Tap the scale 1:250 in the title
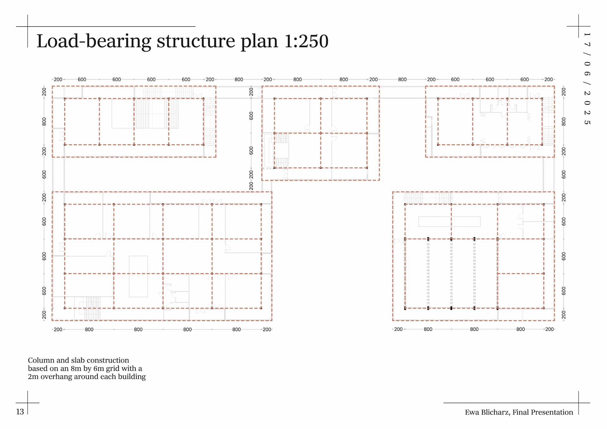tap(306, 41)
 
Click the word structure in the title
tap(196, 41)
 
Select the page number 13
tap(20, 412)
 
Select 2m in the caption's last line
tap(33, 377)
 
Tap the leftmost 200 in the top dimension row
tap(58, 79)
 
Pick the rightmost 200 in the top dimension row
tap(549, 79)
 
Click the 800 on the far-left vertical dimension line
tap(44, 121)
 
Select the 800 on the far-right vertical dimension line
tap(563, 121)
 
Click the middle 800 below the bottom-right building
tap(474, 329)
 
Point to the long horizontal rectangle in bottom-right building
tap(449, 222)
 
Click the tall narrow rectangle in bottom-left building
tap(138, 276)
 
